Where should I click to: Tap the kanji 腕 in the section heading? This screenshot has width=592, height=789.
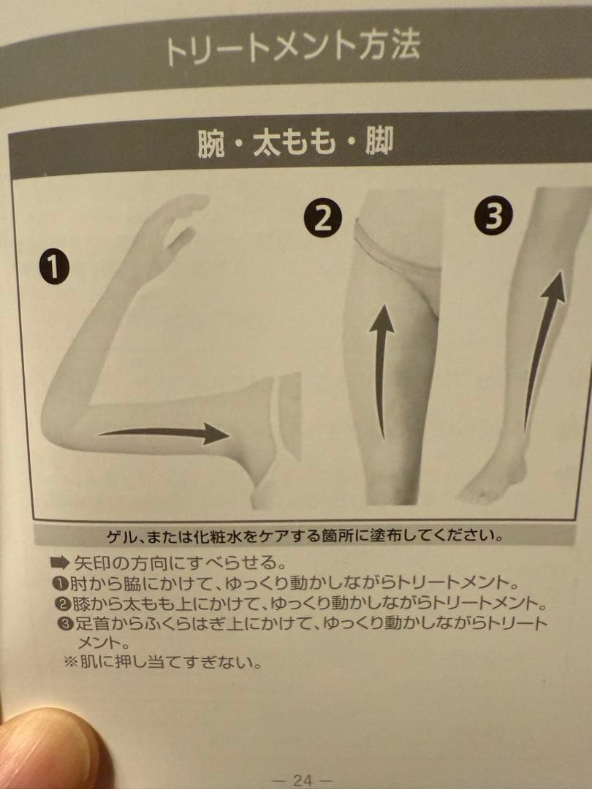coord(211,143)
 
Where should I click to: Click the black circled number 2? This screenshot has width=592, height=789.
coord(323,219)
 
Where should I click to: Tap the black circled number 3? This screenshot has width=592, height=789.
coord(494,216)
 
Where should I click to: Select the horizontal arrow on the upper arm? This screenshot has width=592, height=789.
coord(164,433)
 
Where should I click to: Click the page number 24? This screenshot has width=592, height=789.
coord(302,780)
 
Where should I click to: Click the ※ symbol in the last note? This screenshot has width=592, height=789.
coord(70,662)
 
